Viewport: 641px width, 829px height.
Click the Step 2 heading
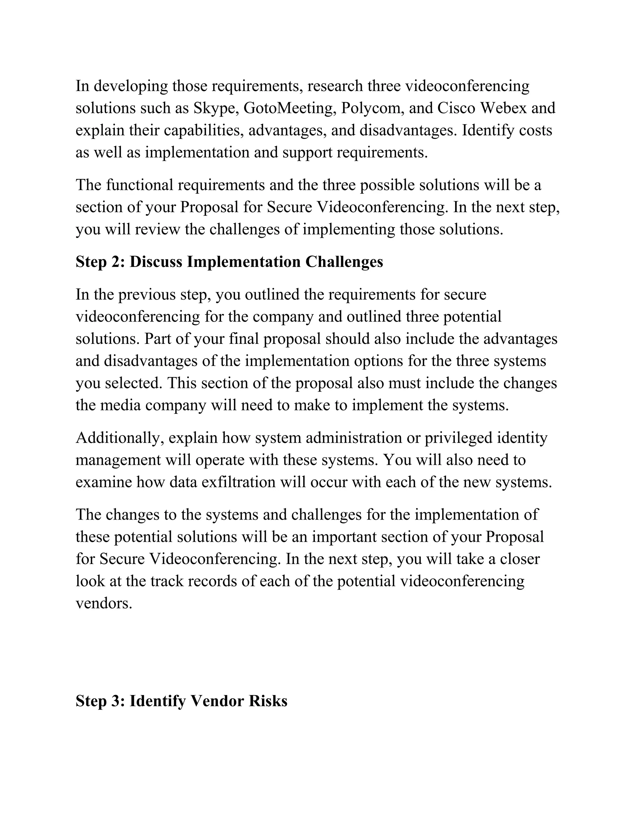(229, 262)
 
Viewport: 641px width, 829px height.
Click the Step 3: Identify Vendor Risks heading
(181, 701)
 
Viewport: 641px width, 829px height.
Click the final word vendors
(104, 603)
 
